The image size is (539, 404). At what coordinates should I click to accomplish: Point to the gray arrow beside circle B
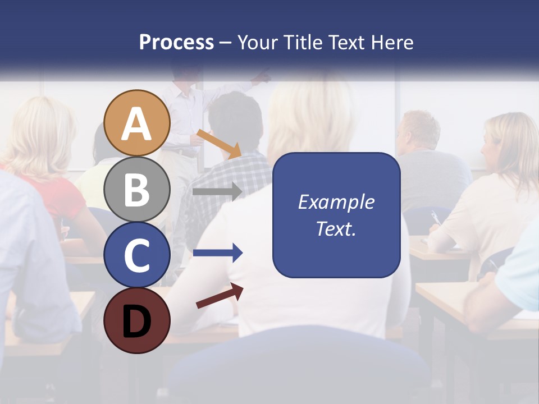(x=217, y=191)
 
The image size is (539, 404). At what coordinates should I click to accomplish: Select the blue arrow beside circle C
(x=217, y=253)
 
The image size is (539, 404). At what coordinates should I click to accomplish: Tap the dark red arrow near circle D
(x=220, y=296)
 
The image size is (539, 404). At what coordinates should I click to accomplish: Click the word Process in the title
(x=176, y=42)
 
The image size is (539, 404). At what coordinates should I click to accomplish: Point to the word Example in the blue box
(x=336, y=202)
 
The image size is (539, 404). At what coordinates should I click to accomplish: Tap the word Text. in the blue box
(x=336, y=229)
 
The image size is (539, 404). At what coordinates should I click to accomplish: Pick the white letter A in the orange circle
(x=136, y=124)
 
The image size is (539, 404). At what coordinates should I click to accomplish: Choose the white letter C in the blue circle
(x=136, y=255)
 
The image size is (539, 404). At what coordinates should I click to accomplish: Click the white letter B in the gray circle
(x=136, y=190)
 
